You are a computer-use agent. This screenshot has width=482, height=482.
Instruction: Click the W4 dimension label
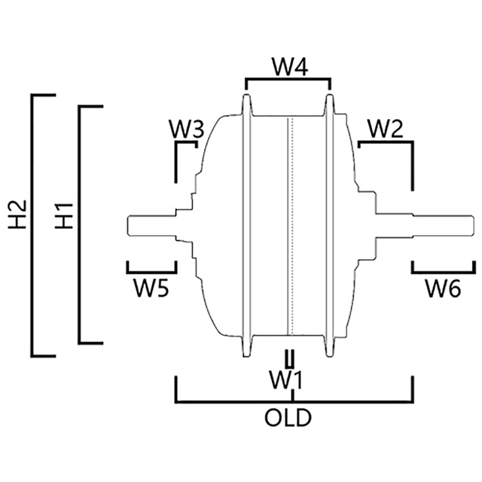[x=288, y=67]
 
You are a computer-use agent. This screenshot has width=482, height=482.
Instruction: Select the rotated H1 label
[x=66, y=215]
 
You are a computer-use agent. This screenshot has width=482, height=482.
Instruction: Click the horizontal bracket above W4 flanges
[x=288, y=78]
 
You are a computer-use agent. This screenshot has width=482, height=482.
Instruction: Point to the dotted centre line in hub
[x=290, y=226]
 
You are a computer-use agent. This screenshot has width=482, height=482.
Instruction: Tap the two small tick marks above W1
[x=289, y=357]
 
